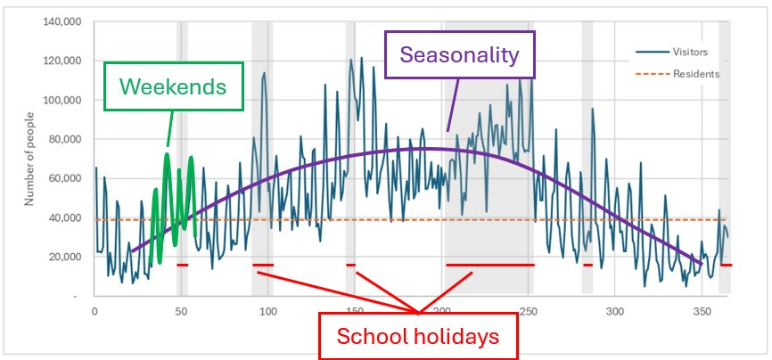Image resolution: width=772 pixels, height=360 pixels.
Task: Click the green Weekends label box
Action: pos(173,86)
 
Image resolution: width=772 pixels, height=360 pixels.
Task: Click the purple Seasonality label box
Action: pos(459,55)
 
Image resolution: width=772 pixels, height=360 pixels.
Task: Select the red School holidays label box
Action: pos(417,337)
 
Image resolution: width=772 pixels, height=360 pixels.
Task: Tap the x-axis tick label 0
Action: pos(94,311)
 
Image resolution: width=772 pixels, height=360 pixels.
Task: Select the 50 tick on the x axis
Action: pos(181,311)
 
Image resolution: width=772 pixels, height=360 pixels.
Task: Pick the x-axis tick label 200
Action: pos(440,311)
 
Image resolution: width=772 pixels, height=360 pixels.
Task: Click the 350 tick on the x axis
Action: pos(701,311)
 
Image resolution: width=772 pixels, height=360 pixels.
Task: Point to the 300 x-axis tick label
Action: pos(614,311)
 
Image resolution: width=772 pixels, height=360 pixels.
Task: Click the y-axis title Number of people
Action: pos(29,160)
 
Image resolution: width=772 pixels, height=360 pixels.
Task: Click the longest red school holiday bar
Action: pos(489,265)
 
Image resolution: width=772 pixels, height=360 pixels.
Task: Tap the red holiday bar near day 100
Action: pos(263,265)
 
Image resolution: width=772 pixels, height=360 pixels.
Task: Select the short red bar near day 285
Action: pos(587,265)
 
